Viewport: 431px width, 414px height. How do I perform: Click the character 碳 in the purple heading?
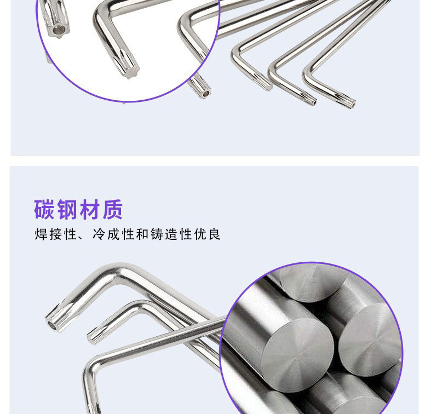45,210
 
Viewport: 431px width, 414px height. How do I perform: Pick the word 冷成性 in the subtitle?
112,235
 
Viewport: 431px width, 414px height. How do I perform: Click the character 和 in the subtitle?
141,235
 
